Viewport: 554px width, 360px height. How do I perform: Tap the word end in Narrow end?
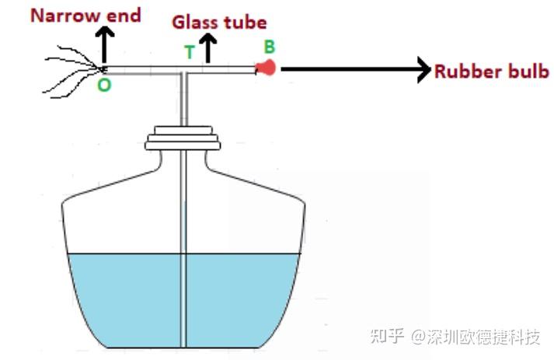124,16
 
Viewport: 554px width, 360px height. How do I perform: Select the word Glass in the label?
195,23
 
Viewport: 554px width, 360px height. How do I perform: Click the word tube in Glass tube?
246,23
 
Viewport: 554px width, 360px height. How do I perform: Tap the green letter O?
104,86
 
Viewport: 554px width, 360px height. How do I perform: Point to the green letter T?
190,52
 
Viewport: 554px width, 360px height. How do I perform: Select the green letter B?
269,47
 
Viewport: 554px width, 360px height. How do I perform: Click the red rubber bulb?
266,68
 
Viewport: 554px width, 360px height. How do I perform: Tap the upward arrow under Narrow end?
104,45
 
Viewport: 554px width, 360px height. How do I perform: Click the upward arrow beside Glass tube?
208,48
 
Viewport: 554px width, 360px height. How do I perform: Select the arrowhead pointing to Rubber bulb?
424,69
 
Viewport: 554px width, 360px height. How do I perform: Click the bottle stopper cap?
183,138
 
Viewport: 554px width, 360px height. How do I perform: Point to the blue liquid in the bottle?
183,301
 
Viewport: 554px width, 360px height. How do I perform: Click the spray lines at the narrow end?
71,71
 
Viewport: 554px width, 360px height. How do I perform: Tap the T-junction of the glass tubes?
183,72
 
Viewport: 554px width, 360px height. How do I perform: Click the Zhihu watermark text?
455,337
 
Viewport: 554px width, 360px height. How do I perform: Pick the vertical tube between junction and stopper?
183,100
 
